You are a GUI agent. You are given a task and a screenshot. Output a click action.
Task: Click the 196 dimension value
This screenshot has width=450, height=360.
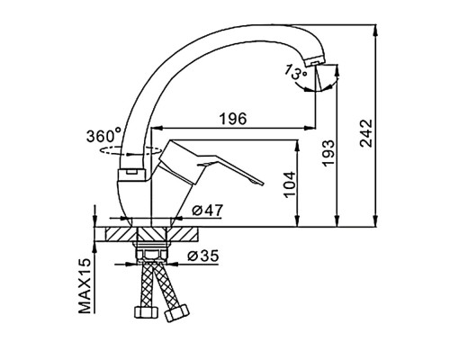point(233,119)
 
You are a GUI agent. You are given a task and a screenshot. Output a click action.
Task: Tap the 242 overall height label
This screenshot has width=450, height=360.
point(366,133)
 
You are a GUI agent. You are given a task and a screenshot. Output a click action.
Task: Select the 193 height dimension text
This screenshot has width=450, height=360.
point(328,152)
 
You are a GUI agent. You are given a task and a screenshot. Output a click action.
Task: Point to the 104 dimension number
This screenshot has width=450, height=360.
point(290,184)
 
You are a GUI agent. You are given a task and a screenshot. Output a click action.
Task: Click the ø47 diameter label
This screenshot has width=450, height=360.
point(208,211)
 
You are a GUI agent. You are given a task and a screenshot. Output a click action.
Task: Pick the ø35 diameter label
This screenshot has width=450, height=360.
point(203,256)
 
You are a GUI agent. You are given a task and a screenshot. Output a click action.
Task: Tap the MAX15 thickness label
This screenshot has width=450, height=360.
point(85,285)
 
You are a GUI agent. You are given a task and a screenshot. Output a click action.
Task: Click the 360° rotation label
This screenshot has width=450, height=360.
point(103,136)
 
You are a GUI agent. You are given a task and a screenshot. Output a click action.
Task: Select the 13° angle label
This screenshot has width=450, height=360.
point(295,72)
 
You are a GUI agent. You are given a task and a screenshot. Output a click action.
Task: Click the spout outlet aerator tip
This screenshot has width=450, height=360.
point(313,62)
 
